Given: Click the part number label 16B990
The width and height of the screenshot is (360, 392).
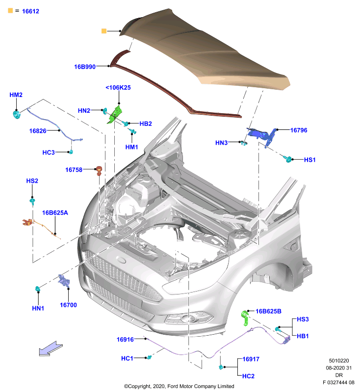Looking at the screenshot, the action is [85, 67].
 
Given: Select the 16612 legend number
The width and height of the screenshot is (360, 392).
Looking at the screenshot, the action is [30, 11].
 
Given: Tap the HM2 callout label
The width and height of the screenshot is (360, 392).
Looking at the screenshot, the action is [16, 95].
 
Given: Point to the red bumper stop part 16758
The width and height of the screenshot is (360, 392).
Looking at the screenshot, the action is [100, 170].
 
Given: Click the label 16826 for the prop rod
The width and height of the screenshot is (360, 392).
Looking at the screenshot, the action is [38, 131].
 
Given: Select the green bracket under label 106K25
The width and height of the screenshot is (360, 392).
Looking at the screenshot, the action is [115, 115].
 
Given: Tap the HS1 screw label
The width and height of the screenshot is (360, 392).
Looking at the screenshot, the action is [309, 160].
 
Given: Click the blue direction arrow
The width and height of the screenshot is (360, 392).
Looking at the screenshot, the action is [51, 348].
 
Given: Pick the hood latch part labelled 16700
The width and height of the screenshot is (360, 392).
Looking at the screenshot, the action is [64, 281].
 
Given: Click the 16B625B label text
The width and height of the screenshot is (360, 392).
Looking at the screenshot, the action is [268, 311].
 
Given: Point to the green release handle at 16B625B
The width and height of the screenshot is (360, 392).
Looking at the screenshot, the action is [245, 318].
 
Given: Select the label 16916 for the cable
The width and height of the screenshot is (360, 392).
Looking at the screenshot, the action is [126, 340].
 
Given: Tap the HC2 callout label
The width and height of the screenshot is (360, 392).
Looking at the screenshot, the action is [248, 376].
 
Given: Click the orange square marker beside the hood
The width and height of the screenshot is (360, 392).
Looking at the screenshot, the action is [104, 31].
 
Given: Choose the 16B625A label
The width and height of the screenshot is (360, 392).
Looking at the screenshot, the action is [55, 213].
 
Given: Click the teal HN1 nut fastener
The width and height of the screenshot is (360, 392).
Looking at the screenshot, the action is [38, 289].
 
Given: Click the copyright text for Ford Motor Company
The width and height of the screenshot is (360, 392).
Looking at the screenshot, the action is [179, 386].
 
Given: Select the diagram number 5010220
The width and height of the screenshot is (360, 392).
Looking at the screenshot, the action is [339, 361].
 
